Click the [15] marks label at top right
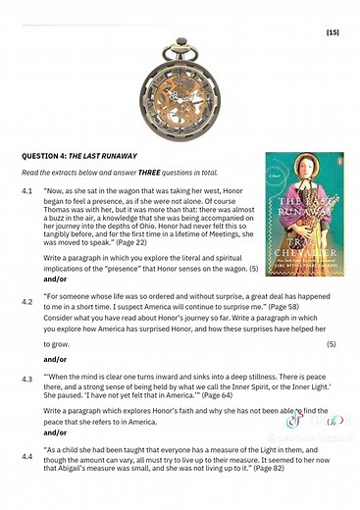pyautogui.click(x=333, y=32)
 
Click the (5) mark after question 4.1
pyautogui.click(x=252, y=269)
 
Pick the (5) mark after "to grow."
pyautogui.click(x=331, y=344)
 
